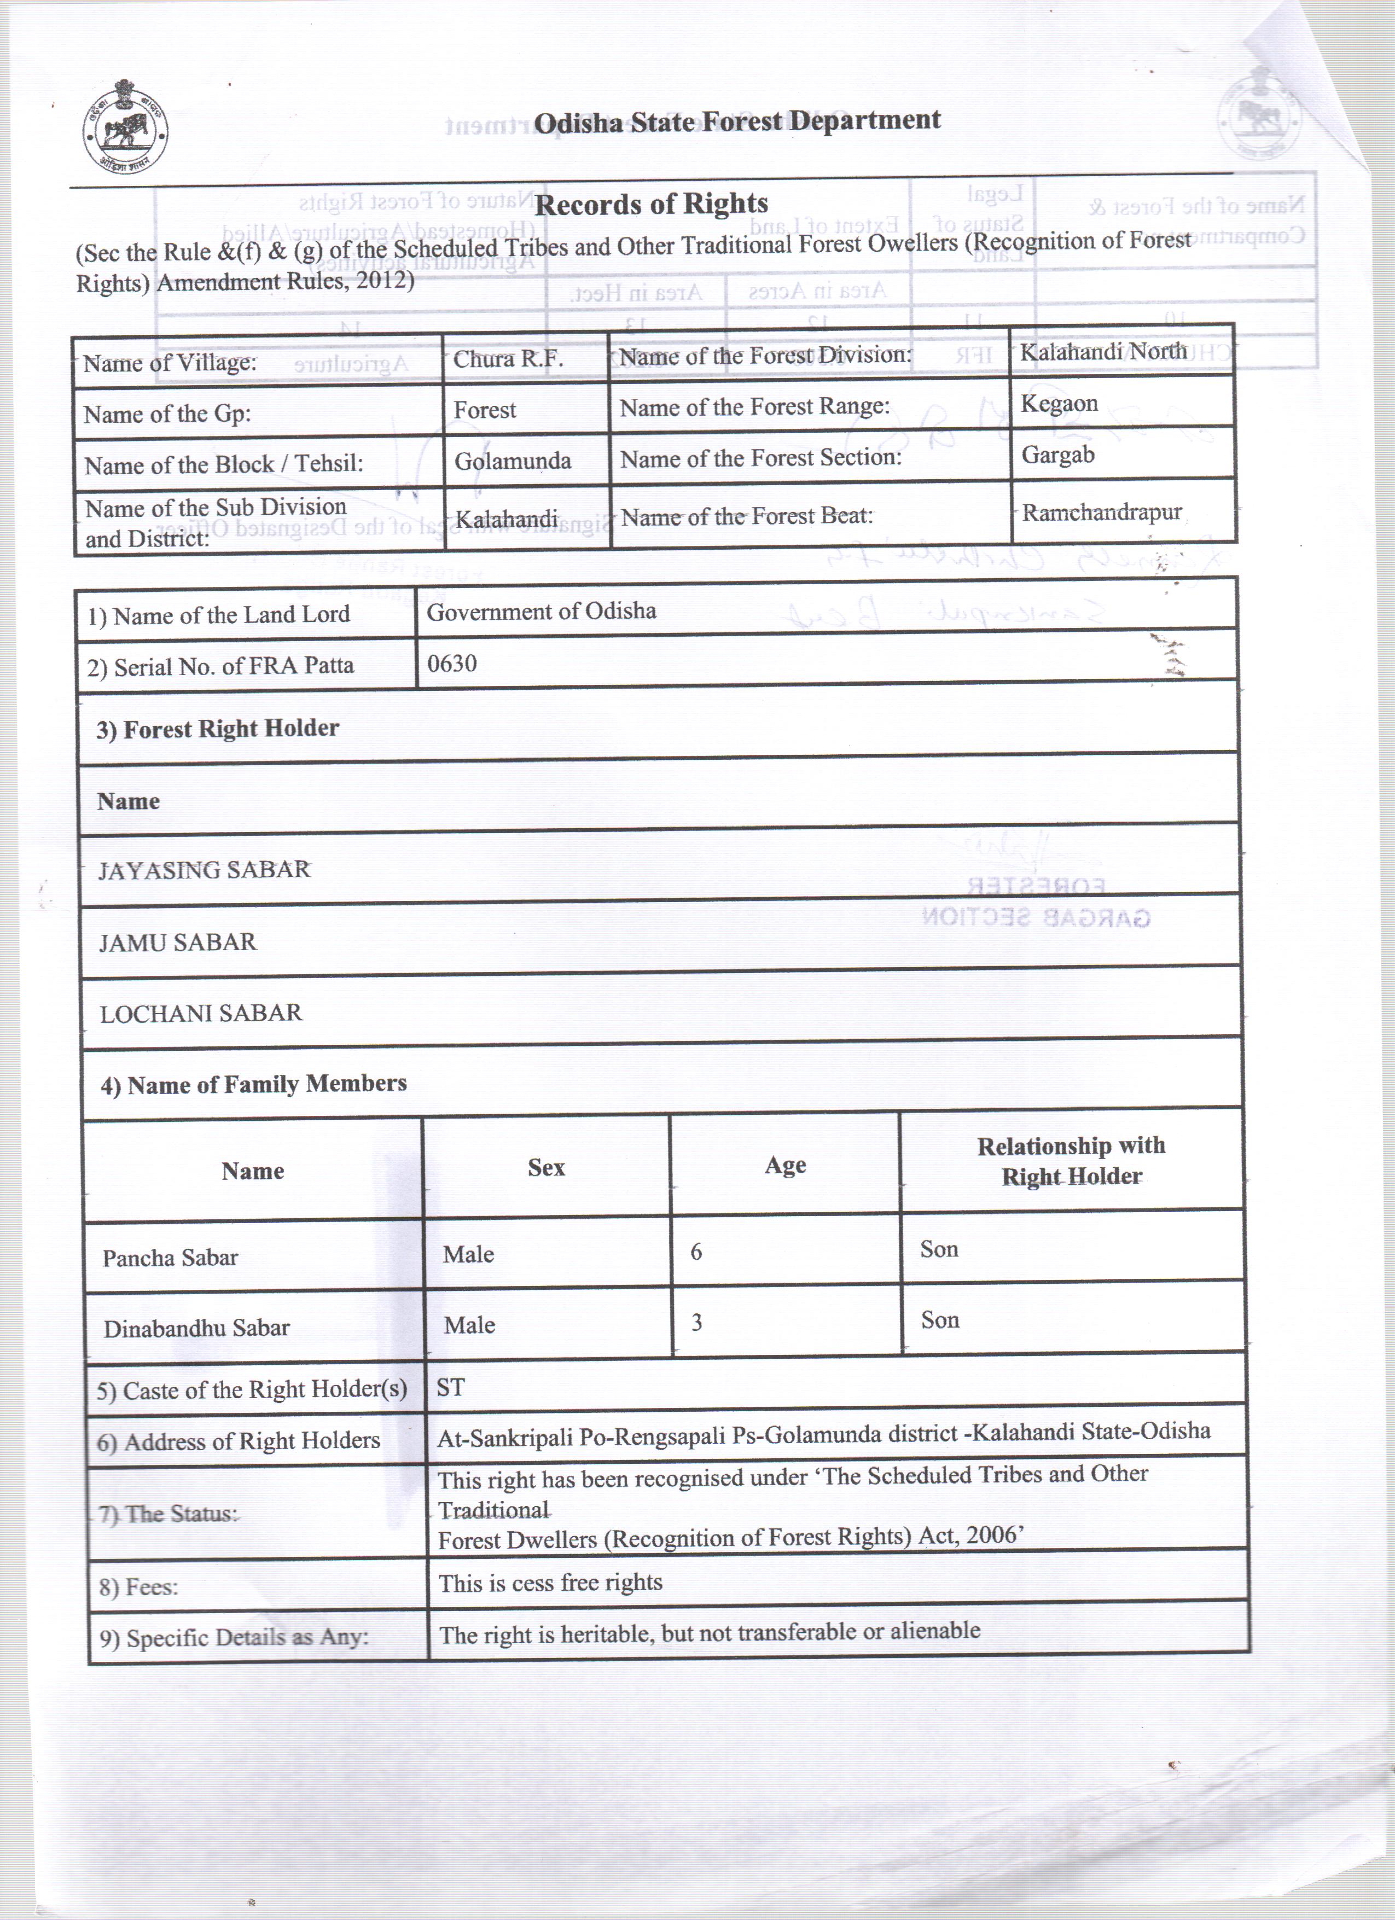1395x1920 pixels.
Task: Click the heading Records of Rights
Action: point(652,204)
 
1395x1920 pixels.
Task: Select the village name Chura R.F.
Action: point(508,359)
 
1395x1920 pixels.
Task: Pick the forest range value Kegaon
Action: point(1059,403)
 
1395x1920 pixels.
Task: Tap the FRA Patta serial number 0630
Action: point(452,663)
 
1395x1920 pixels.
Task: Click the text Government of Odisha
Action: point(542,611)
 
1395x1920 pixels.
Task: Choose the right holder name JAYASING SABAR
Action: point(204,869)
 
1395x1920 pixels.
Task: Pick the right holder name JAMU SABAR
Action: point(178,942)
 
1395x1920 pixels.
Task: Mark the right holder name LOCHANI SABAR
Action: point(201,1013)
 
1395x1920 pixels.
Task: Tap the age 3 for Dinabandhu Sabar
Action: point(696,1322)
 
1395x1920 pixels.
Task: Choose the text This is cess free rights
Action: point(550,1583)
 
